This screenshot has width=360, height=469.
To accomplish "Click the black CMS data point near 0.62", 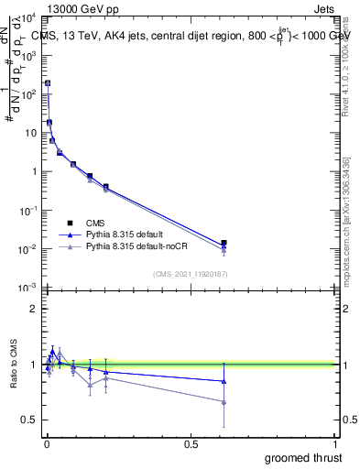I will coord(224,244).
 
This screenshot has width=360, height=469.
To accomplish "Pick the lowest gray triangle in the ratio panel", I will coord(224,402).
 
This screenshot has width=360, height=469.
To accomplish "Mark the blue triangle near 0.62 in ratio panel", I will coord(224,381).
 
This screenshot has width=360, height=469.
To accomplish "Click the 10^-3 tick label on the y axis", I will coord(27,288).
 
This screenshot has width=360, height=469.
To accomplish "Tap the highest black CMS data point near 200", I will coord(48,83).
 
